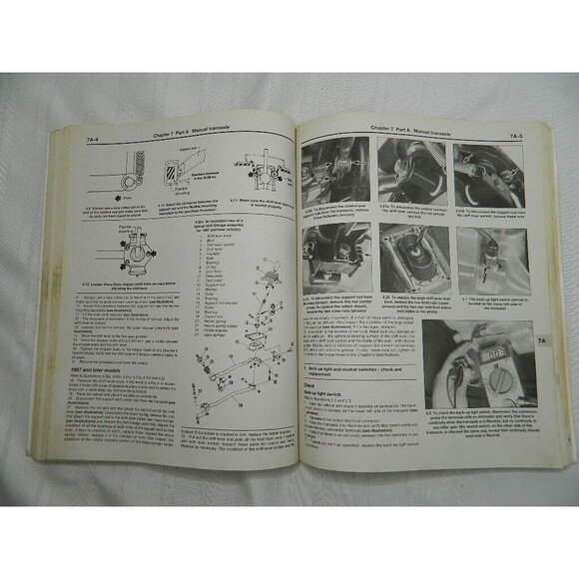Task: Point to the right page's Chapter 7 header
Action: pos(400,130)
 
